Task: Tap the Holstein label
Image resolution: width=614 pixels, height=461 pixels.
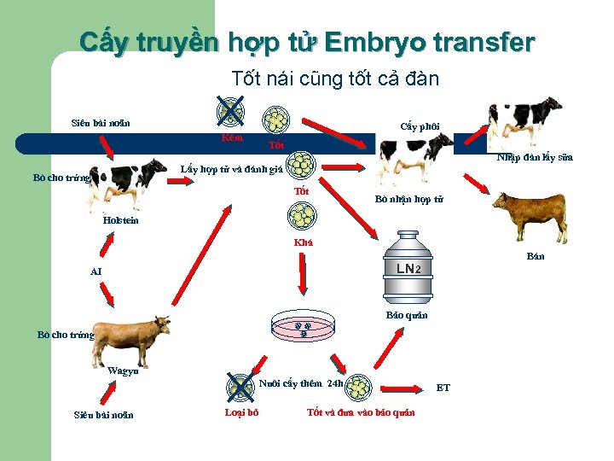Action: [x=120, y=220]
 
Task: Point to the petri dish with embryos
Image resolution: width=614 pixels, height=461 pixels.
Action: [x=302, y=327]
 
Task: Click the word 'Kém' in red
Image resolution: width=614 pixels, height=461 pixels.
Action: [x=231, y=137]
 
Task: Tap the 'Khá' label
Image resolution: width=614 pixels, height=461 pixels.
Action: [x=303, y=242]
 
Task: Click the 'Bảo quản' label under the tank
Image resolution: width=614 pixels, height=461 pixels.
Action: [x=407, y=315]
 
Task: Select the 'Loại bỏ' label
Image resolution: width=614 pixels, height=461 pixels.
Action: [x=241, y=412]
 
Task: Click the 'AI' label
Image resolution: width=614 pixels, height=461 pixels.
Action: [x=96, y=271]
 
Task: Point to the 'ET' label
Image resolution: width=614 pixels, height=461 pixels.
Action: [x=443, y=388]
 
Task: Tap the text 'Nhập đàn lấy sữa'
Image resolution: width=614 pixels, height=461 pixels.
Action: [x=535, y=157]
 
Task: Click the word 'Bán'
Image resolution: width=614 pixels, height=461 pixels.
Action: [x=536, y=256]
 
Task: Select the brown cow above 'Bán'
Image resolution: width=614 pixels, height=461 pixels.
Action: [x=530, y=216]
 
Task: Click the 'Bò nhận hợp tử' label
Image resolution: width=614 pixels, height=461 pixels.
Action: [x=408, y=199]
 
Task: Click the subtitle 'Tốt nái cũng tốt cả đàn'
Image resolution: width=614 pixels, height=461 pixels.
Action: [x=335, y=79]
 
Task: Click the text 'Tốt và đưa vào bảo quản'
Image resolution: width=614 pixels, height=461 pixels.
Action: [x=361, y=412]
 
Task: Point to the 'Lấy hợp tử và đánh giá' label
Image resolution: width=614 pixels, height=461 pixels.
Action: [x=231, y=168]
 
